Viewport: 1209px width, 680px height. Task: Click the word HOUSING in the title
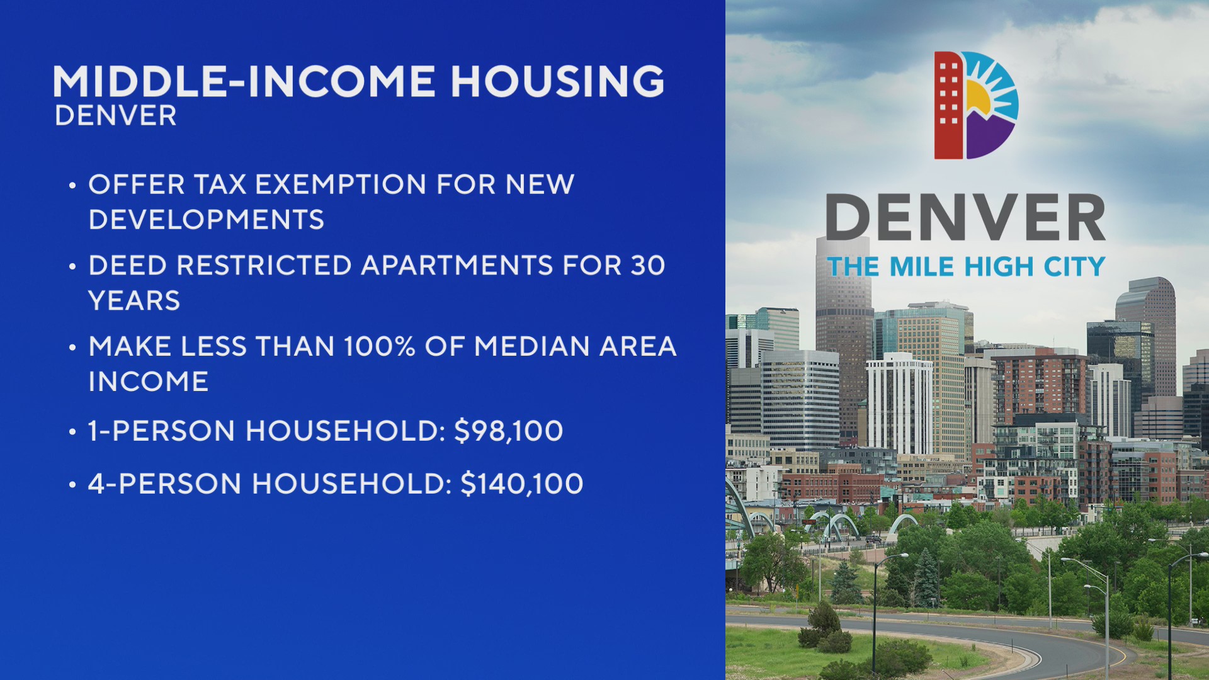(x=557, y=82)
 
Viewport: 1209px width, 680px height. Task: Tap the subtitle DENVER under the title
(x=116, y=116)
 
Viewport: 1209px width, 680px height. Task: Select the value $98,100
(x=509, y=431)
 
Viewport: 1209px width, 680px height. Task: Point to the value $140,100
(x=522, y=484)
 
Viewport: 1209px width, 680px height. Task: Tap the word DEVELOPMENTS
(x=207, y=220)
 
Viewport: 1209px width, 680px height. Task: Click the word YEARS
(x=134, y=301)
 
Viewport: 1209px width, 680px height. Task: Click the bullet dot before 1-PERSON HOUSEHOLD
(x=72, y=433)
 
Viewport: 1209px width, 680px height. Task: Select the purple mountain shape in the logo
(x=987, y=135)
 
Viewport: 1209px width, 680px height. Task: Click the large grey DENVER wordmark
(x=965, y=217)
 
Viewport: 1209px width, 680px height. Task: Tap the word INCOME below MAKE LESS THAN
(x=149, y=382)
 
